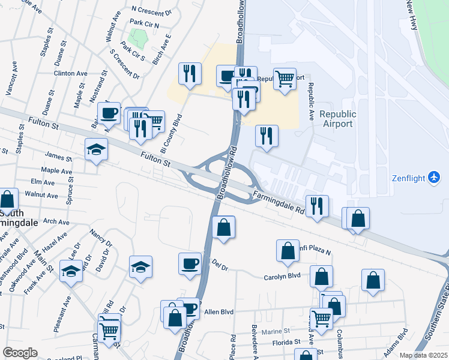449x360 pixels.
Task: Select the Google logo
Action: (x=20, y=352)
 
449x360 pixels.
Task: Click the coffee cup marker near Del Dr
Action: (x=190, y=263)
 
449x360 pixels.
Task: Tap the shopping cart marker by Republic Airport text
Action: (x=285, y=77)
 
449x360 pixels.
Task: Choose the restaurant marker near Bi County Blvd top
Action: (x=190, y=74)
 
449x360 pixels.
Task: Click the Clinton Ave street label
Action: (x=70, y=73)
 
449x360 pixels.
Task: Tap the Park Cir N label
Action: (x=144, y=25)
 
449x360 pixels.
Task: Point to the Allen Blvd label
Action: (x=218, y=312)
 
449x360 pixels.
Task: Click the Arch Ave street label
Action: (x=56, y=221)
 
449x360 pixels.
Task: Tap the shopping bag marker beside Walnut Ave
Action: (x=8, y=200)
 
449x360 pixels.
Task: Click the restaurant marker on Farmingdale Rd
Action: (x=316, y=206)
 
